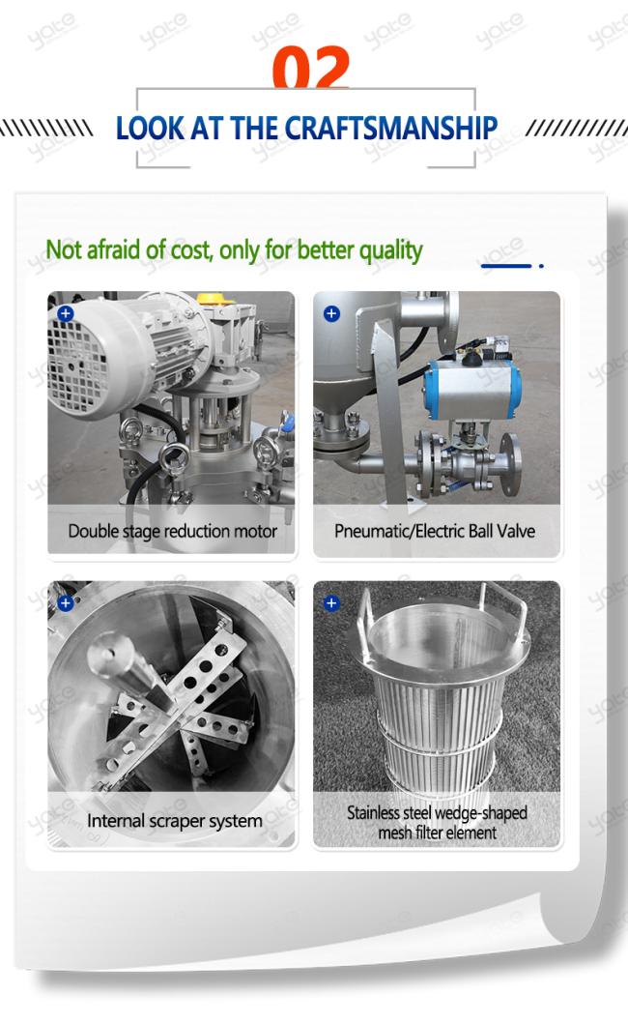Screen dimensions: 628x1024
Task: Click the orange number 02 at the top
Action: click(311, 68)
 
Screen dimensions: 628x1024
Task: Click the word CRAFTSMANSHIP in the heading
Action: click(391, 128)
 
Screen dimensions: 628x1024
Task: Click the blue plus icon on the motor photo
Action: click(66, 313)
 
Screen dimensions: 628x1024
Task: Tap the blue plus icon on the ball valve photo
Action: click(331, 313)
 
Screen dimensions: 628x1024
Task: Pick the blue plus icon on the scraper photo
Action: click(66, 602)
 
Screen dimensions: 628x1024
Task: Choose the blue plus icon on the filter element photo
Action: click(331, 602)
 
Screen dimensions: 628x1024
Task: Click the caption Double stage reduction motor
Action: click(173, 532)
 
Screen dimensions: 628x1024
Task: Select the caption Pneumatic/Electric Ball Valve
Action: click(435, 531)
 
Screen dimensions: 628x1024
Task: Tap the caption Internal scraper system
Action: click(175, 821)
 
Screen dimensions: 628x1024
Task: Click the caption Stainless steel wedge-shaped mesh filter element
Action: click(437, 823)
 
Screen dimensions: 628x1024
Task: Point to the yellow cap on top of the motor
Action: click(215, 299)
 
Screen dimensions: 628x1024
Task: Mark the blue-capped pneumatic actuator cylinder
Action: click(472, 390)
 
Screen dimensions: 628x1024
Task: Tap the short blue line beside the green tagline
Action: click(506, 265)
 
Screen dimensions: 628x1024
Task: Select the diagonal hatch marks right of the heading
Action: click(577, 128)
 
